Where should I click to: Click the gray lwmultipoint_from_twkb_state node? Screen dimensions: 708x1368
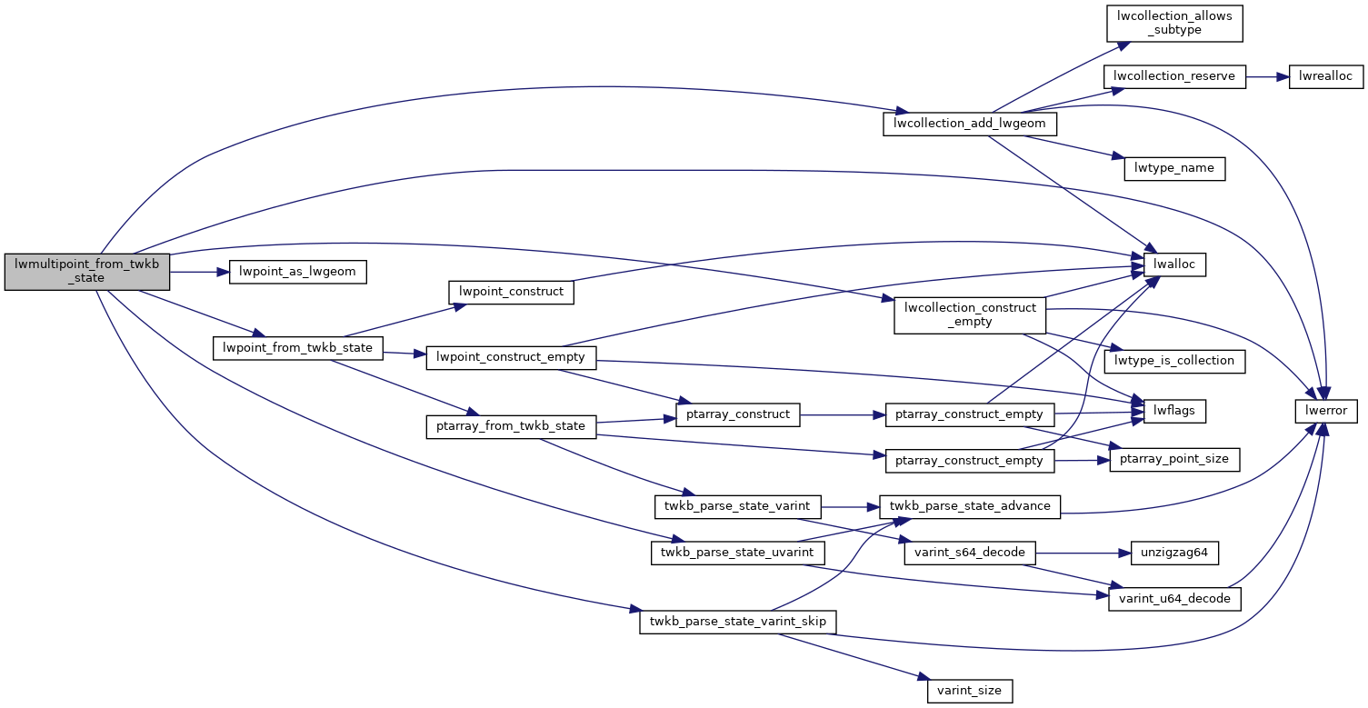coord(87,271)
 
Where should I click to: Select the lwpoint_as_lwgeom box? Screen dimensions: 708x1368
coord(297,272)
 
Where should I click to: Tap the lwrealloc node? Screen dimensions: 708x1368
coord(1326,76)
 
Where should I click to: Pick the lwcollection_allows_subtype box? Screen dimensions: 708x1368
coord(1173,23)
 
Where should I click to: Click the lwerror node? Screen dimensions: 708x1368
coord(1326,411)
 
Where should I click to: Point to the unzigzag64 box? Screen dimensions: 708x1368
coord(1173,552)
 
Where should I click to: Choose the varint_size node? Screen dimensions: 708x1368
coord(970,690)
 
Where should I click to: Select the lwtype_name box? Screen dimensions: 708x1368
coord(1174,168)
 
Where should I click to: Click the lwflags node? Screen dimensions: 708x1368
coord(1173,411)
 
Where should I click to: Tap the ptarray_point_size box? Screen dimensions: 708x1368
coord(1173,459)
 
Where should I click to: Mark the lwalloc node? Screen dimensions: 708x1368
coord(1173,264)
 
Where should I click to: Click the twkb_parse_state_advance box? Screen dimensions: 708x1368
coord(969,505)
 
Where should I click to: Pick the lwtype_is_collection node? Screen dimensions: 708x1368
coord(1173,360)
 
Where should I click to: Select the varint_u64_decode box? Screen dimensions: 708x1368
coord(1173,599)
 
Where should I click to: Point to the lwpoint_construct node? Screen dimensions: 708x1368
coord(512,292)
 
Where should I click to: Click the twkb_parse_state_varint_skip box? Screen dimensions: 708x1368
coord(737,622)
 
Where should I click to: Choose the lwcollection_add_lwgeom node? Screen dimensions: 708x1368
coord(969,124)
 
